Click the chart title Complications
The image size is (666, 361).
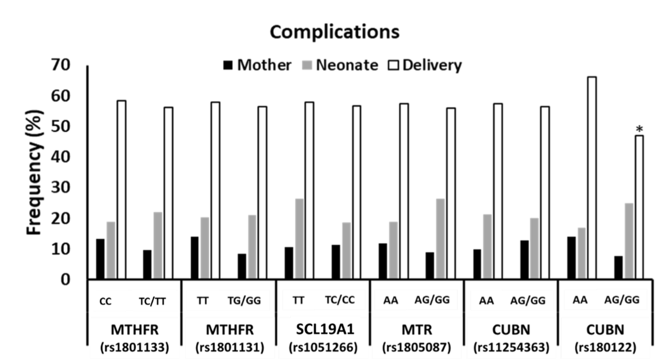335,32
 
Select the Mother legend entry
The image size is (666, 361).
257,65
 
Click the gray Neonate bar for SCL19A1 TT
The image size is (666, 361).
300,239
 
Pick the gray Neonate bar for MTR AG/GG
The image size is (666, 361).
440,239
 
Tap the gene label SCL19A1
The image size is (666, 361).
325,329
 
